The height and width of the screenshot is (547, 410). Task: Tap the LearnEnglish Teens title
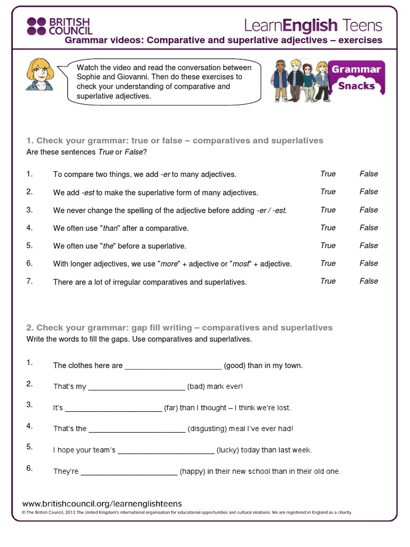313,25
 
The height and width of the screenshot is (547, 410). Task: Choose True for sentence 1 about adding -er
328,174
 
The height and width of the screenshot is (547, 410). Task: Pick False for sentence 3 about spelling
368,210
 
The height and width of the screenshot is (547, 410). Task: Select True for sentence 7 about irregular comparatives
328,281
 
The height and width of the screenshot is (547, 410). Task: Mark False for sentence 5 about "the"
368,246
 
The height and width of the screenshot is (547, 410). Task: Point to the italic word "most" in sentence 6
242,264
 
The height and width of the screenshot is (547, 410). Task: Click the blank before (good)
172,366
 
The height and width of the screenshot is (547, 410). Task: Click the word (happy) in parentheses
193,472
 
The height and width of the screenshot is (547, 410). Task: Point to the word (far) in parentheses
171,408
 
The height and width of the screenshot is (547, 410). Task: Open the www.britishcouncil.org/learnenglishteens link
102,504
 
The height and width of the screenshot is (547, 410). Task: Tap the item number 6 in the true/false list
29,263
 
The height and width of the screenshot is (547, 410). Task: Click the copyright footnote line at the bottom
187,513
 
